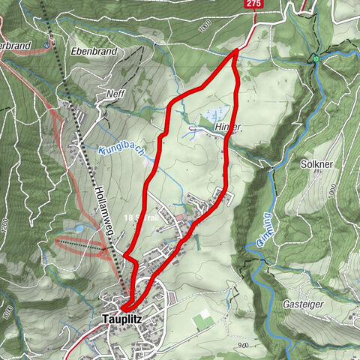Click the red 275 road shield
[x=253, y=4]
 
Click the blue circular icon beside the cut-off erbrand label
[x=48, y=43]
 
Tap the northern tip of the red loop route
[x=237, y=50]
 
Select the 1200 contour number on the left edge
[x=4, y=225]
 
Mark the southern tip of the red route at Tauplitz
[x=125, y=307]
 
